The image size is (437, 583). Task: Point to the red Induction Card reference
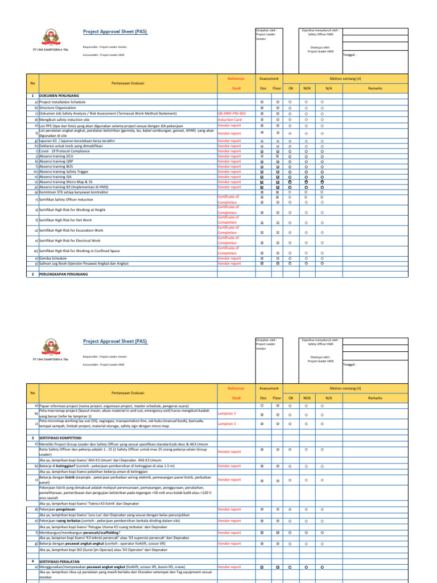pyautogui.click(x=230, y=120)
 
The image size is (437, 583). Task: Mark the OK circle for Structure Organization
pyautogui.click(x=290, y=107)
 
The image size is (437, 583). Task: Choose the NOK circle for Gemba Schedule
pyautogui.click(x=306, y=258)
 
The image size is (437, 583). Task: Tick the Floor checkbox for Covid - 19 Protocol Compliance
pyautogui.click(x=277, y=151)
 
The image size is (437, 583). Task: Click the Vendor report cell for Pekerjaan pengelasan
pyautogui.click(x=229, y=510)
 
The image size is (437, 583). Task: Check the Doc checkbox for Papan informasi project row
pyautogui.click(x=262, y=406)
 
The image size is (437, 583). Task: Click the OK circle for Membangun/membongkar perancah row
pyautogui.click(x=290, y=532)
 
